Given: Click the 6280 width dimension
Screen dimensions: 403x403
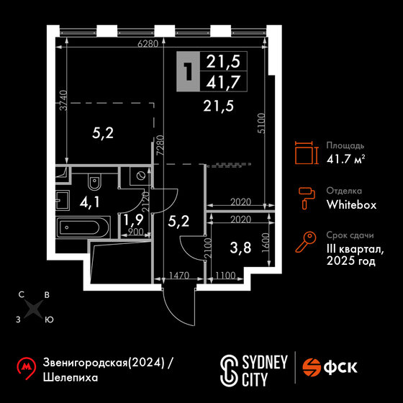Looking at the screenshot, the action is (148, 44).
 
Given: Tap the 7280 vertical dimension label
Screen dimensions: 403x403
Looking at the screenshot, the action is (160, 145).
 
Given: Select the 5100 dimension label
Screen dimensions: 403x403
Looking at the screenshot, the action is (261, 123).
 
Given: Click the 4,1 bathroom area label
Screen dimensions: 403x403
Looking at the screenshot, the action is (89, 202).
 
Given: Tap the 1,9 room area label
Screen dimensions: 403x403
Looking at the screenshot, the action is (133, 219).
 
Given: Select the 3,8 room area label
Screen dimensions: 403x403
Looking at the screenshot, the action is (240, 248).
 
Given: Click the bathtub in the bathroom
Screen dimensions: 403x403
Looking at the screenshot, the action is (83, 227).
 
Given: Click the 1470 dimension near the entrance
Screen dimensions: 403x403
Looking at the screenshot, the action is (179, 276).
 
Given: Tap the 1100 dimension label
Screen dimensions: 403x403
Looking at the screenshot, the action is (225, 276).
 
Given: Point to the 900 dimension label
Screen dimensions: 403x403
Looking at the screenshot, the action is (136, 232).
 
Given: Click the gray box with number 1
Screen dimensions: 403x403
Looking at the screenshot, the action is (188, 71).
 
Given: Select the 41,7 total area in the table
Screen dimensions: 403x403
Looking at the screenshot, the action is (223, 82).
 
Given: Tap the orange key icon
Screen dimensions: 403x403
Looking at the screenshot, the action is (305, 242).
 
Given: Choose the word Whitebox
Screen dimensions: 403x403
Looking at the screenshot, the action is (351, 205).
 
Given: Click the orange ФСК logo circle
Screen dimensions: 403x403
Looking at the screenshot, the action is (312, 368).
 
